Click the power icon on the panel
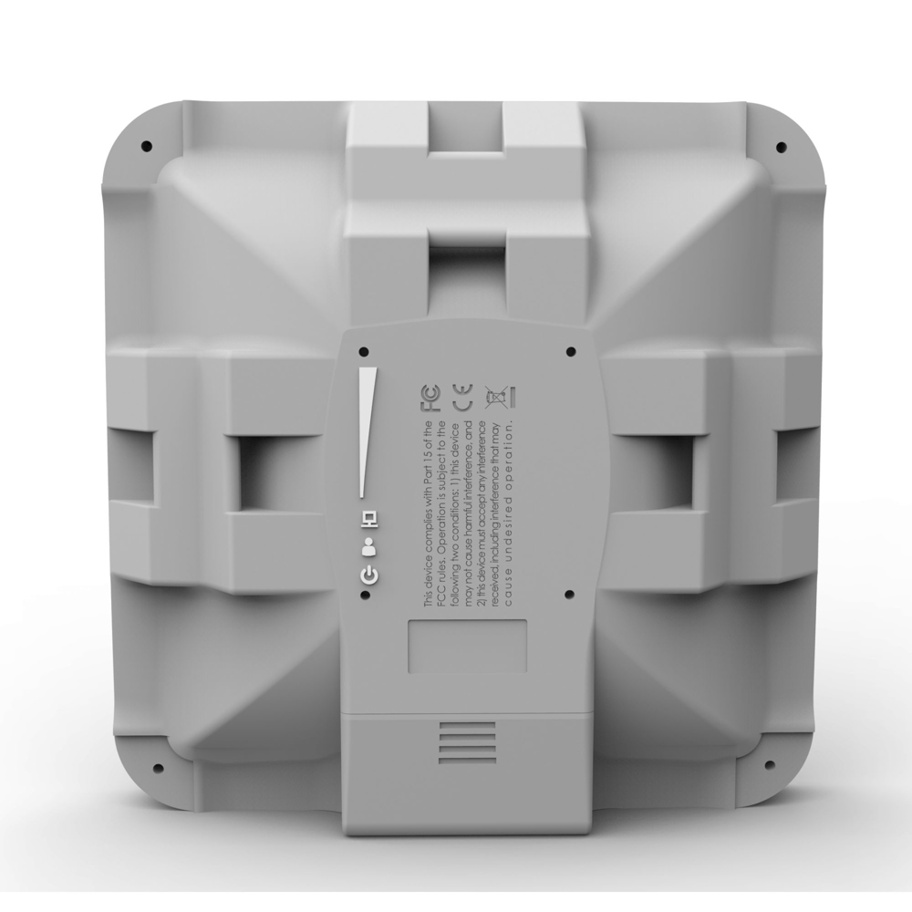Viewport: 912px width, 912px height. (x=368, y=575)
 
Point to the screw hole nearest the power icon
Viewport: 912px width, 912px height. (x=365, y=595)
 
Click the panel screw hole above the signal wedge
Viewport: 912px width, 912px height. (x=365, y=351)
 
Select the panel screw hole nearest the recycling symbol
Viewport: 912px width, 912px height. (x=570, y=351)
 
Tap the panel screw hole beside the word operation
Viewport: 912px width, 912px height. (x=570, y=595)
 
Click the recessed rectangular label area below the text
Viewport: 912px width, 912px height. (x=466, y=647)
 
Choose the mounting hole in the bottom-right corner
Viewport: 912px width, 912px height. (x=768, y=765)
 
